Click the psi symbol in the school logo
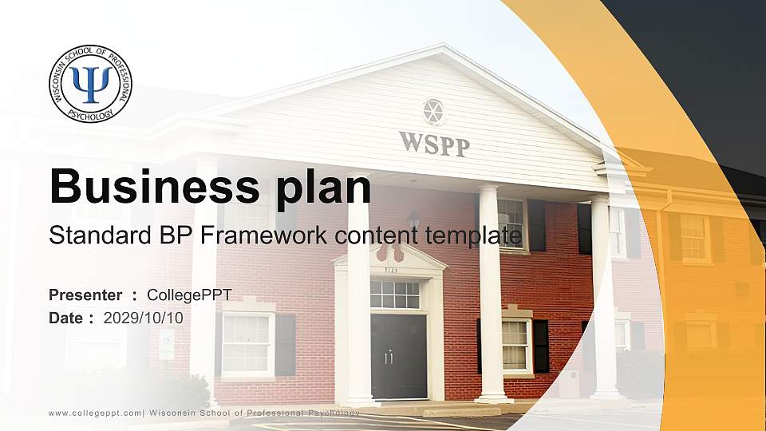click(91, 83)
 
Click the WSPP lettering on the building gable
click(434, 144)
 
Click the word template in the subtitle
click(476, 235)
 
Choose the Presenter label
click(85, 295)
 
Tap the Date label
click(67, 318)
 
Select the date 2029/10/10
click(144, 318)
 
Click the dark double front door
click(398, 356)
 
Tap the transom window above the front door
click(395, 295)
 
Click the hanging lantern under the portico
click(413, 219)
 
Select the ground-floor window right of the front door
click(516, 345)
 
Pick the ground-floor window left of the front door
click(247, 343)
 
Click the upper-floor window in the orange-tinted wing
click(693, 237)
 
